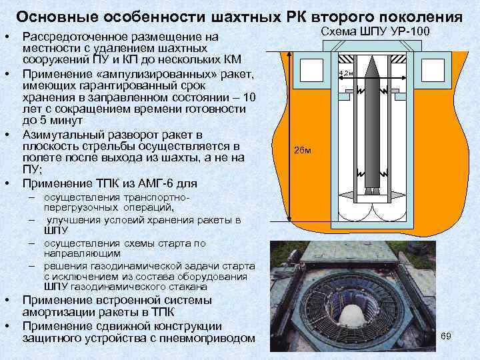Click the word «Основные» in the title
coord(57,17)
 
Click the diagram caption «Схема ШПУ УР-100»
coord(375,31)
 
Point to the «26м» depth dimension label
coord(302,150)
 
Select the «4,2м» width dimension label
coord(346,73)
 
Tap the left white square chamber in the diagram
coord(311,70)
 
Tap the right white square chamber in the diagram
coord(433,70)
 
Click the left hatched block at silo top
coord(345,59)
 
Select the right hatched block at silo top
coord(399,59)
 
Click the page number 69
coord(446,336)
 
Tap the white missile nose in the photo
coord(353,316)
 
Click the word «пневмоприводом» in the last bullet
coord(207,338)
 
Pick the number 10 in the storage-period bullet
coord(249,97)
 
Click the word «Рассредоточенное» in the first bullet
coord(75,37)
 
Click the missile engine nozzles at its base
coord(372,191)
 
